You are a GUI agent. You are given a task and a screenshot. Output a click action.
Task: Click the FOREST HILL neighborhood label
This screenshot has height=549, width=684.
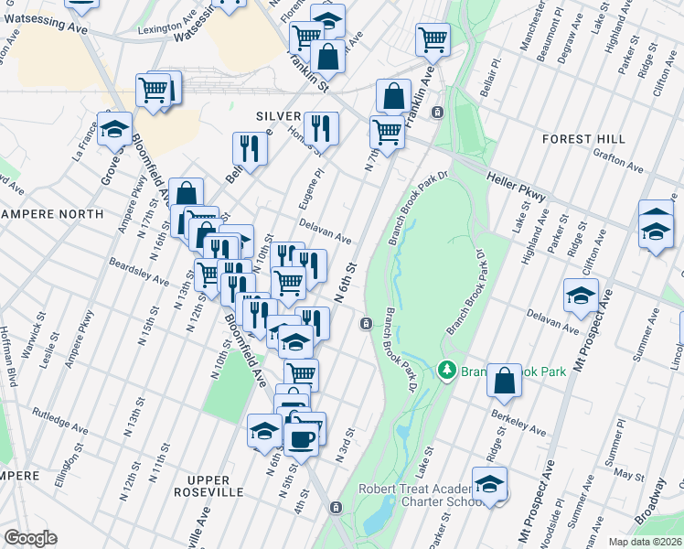583,138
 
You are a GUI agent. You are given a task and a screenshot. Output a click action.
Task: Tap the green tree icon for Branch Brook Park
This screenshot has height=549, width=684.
447,371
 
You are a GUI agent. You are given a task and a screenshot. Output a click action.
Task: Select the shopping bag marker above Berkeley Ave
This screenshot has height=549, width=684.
504,381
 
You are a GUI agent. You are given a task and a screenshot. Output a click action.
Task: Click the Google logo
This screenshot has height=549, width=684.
30,538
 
